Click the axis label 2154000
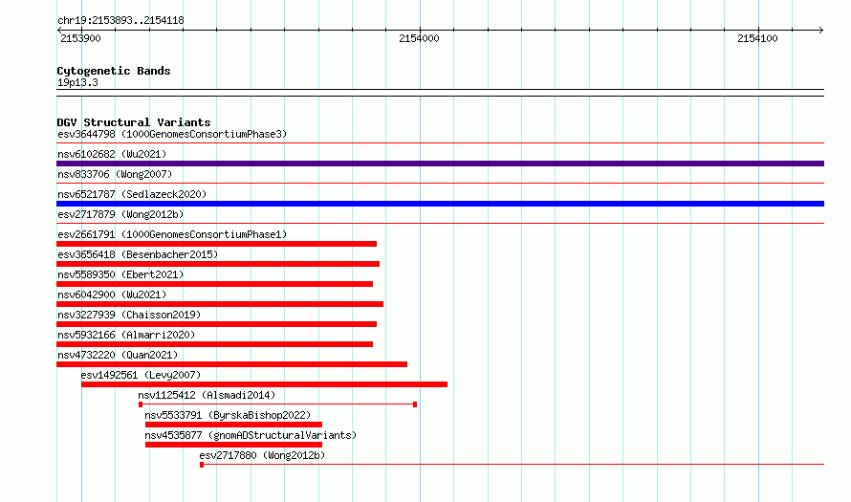tap(419, 38)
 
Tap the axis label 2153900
tap(80, 38)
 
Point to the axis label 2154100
tap(757, 38)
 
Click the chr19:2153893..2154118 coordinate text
tap(120, 21)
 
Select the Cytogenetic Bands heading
tap(114, 71)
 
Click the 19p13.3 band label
tap(77, 82)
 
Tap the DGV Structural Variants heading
tap(134, 122)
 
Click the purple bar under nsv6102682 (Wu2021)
tap(440, 164)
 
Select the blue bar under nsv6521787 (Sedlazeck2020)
tap(440, 204)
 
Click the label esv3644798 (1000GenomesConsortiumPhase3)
tap(172, 134)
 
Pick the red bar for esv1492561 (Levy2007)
tap(264, 384)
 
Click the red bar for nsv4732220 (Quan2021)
tap(231, 364)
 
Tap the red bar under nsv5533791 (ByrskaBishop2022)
tap(233, 425)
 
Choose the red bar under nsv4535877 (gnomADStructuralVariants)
tap(233, 445)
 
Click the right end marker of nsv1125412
tap(415, 404)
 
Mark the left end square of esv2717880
tap(202, 465)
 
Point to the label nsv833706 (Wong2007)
tap(115, 174)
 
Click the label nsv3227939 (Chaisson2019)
tap(129, 315)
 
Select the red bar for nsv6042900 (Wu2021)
tap(220, 304)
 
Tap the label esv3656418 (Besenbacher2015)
tap(138, 254)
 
